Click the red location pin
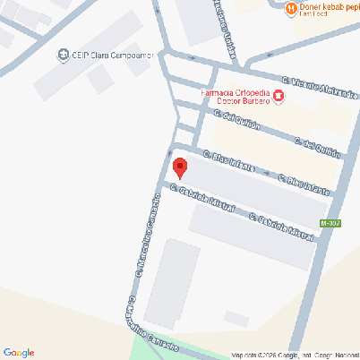coord(179,167)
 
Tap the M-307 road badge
coord(330,222)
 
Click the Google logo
coord(18,352)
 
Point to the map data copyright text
coord(294,355)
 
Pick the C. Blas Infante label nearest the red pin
coord(228,162)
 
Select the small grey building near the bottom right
coord(236,318)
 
